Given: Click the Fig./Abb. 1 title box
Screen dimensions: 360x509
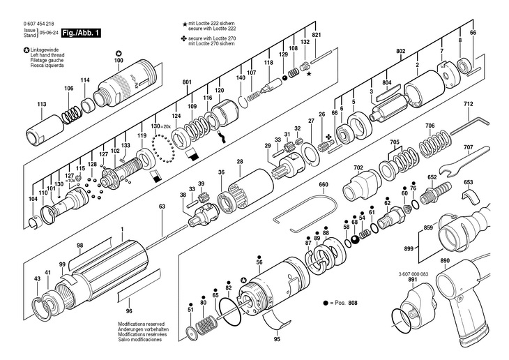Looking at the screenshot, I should coord(82,33).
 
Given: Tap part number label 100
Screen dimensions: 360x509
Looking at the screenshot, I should coord(118,61).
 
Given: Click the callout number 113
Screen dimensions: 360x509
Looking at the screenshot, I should coord(42,104).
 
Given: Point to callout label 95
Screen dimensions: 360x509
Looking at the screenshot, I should coord(277,339).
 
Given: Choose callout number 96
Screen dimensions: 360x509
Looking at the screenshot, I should coord(128,310).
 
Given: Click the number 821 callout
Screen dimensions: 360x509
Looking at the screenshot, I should coord(317,35).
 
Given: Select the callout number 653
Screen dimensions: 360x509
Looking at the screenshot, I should coord(469,181).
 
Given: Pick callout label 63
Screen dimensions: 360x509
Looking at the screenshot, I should coord(162,207).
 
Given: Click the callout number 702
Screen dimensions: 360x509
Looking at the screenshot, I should coord(358,167).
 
